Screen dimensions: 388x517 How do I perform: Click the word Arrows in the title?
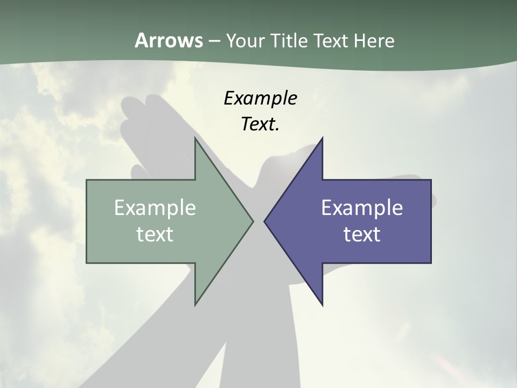(x=168, y=40)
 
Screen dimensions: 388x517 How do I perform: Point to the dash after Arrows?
(x=214, y=41)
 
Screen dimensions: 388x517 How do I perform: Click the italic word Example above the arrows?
(x=260, y=98)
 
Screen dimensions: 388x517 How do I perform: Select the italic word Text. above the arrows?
(x=260, y=124)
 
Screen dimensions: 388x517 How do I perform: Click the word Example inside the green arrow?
(x=155, y=207)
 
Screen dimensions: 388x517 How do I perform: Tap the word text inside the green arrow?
(x=155, y=234)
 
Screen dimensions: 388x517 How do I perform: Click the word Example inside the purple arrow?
(x=362, y=207)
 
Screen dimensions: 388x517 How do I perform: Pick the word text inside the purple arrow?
(x=362, y=234)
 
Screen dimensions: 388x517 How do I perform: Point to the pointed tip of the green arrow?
(x=253, y=221)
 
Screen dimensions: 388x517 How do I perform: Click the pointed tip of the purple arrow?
(x=264, y=221)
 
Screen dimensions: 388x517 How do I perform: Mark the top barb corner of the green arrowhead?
(x=195, y=138)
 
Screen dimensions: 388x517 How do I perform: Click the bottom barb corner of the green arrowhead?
(x=195, y=305)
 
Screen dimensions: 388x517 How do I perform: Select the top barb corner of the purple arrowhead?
(x=322, y=138)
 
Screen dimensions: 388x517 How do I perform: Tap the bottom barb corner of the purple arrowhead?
(x=322, y=305)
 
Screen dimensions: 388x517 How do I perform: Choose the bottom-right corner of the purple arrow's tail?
(x=431, y=263)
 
